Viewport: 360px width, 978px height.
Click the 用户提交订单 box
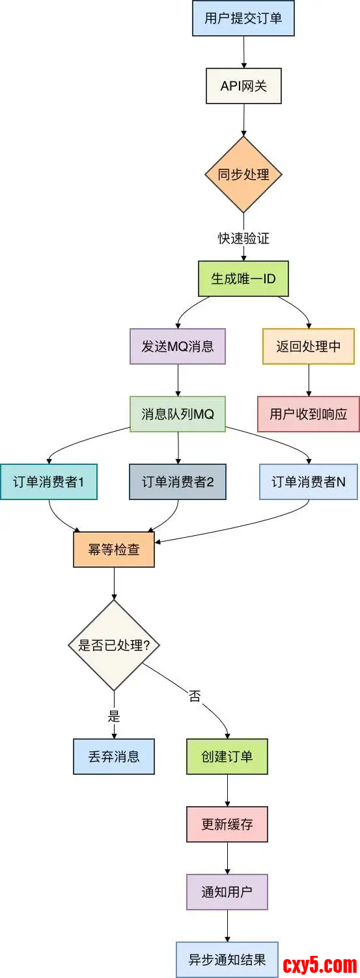(x=243, y=18)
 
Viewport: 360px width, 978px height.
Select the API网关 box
(x=243, y=85)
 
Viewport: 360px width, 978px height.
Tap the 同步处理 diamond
(x=243, y=175)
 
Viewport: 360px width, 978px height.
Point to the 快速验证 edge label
(x=243, y=238)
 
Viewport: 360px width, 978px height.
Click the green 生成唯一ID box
(x=243, y=279)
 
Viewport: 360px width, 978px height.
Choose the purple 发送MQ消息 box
(x=178, y=346)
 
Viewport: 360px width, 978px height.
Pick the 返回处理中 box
(x=309, y=346)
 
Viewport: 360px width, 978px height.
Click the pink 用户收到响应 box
(x=309, y=414)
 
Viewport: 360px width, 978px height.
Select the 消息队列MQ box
(x=178, y=414)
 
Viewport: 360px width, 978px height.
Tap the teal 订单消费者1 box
(x=49, y=482)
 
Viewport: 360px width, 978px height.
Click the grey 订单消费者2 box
(x=178, y=482)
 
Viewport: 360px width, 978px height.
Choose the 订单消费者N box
(x=309, y=482)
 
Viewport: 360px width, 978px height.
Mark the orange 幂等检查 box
(x=114, y=550)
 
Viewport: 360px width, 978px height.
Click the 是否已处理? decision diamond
(x=114, y=645)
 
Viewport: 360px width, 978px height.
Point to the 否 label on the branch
(x=195, y=697)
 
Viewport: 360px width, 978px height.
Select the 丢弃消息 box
(x=114, y=757)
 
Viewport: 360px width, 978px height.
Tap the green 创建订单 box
(x=227, y=757)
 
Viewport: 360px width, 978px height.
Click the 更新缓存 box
(x=227, y=824)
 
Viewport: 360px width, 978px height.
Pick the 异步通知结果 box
(x=227, y=959)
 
